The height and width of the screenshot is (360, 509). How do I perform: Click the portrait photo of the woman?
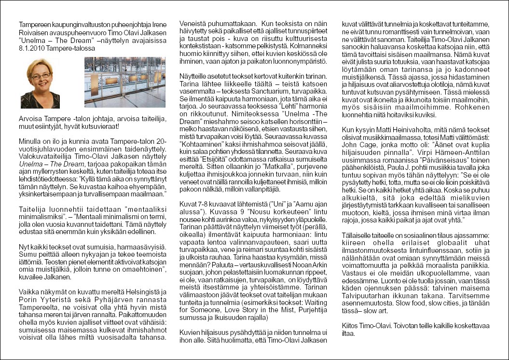[41, 83]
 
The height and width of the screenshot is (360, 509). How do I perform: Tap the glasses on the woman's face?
[41, 76]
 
